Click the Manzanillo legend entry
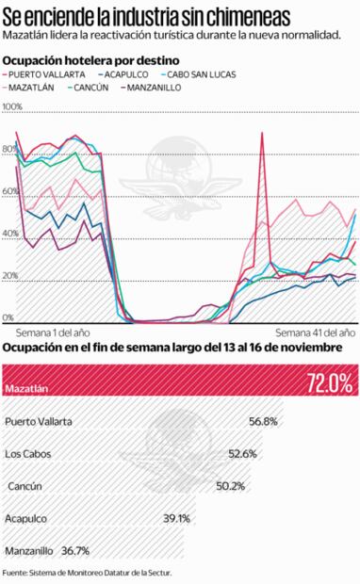(x=187, y=88)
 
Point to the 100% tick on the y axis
(x=12, y=108)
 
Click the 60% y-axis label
(x=10, y=192)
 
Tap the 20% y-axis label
(x=10, y=276)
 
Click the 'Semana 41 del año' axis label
(x=315, y=333)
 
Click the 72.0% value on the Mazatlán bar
(x=329, y=383)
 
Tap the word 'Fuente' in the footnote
(x=15, y=573)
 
